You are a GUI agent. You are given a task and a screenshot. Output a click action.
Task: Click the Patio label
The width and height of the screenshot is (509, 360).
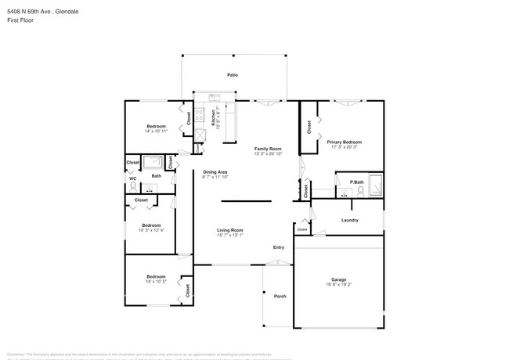pyautogui.click(x=233, y=75)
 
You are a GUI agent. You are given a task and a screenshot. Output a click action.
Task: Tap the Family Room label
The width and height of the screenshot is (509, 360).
pyautogui.click(x=267, y=148)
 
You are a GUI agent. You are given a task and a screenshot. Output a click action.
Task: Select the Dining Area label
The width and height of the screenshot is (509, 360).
pyautogui.click(x=215, y=172)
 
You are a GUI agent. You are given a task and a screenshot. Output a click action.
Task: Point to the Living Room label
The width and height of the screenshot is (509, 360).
pyautogui.click(x=230, y=230)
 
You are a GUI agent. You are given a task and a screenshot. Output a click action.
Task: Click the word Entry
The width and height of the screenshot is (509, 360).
pyautogui.click(x=279, y=248)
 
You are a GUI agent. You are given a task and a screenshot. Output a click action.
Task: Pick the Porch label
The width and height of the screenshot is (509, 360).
pyautogui.click(x=279, y=296)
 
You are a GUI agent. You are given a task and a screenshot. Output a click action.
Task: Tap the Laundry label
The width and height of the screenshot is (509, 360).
pyautogui.click(x=350, y=220)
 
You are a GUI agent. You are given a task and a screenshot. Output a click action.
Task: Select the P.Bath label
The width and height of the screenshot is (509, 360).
pyautogui.click(x=356, y=182)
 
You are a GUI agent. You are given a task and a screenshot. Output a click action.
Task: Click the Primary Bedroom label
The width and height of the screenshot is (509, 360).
pyautogui.click(x=345, y=142)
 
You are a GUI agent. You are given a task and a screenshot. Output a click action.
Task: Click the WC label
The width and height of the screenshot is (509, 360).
pyautogui.click(x=132, y=178)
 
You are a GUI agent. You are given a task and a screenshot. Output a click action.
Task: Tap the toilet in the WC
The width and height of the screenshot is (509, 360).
pyautogui.click(x=133, y=188)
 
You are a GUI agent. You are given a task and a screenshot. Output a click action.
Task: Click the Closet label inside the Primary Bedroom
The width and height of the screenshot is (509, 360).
pyautogui.click(x=309, y=125)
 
